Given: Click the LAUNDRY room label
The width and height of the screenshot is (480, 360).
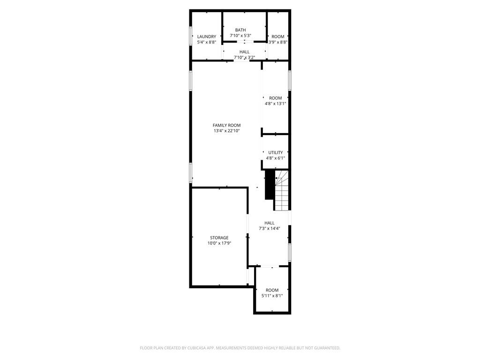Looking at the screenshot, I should [x=206, y=37].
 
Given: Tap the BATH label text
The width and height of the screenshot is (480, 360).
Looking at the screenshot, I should [x=240, y=30].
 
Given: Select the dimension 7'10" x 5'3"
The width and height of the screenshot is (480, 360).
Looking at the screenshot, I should [x=240, y=36].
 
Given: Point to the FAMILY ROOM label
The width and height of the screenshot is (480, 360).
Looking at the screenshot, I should [x=226, y=125].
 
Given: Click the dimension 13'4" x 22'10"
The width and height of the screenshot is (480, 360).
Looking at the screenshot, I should [x=226, y=131].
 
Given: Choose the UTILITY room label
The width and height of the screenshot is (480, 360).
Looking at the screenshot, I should [x=276, y=152].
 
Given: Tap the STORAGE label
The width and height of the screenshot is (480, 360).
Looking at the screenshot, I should [x=219, y=238].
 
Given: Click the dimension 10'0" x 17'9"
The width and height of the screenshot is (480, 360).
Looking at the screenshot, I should [x=219, y=243].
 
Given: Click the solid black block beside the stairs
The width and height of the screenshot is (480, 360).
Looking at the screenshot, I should [x=270, y=184].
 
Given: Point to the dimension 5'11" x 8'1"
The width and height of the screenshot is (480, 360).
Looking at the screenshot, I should [x=272, y=296].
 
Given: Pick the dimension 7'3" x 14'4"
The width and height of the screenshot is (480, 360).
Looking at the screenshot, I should [x=270, y=229].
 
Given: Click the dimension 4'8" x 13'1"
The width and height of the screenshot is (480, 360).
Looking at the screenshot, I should [x=276, y=104].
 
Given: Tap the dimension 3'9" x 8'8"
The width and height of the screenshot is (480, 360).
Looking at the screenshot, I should [x=278, y=42].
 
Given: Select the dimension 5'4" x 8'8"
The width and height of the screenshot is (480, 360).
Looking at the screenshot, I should [x=206, y=42].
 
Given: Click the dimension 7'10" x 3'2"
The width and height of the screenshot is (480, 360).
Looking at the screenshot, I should [x=244, y=58].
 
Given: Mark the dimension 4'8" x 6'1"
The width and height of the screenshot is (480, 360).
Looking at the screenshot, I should [x=276, y=158].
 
